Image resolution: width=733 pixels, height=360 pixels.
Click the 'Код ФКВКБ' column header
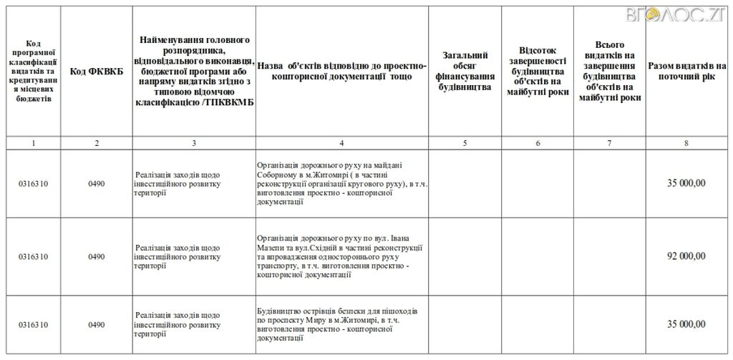(96, 72)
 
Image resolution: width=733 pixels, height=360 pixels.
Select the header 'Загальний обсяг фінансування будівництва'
(465, 72)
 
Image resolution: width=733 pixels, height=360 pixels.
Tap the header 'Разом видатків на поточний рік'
(686, 71)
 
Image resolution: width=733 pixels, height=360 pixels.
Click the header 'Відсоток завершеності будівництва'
(538, 72)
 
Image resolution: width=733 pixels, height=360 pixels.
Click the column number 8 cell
(686, 143)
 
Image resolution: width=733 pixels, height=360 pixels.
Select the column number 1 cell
(33, 143)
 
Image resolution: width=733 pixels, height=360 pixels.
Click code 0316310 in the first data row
(34, 184)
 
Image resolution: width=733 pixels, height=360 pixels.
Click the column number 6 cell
(538, 143)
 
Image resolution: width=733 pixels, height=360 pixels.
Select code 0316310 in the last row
(34, 324)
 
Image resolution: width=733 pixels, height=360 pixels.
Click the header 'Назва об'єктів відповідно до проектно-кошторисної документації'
(341, 72)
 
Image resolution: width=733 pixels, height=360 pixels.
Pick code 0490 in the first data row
(96, 184)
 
